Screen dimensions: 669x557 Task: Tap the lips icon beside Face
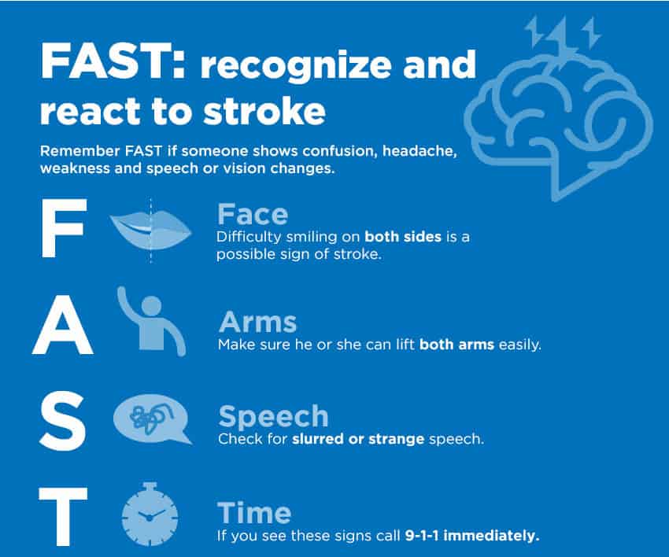(150, 231)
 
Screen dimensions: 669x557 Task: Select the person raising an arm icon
(151, 321)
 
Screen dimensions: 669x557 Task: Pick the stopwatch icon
(150, 514)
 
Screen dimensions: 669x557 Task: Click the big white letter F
(64, 227)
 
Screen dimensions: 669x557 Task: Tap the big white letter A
(63, 326)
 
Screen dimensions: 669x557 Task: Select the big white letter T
(63, 516)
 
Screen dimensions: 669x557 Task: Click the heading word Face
(253, 214)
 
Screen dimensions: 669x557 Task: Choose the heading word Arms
(257, 322)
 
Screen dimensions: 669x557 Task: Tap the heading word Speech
(273, 417)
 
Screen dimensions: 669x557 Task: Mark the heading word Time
(254, 513)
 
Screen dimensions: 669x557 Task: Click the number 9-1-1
(422, 535)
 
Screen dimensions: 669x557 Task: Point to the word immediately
(491, 535)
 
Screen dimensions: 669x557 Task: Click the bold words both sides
(403, 236)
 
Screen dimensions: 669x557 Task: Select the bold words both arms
(456, 344)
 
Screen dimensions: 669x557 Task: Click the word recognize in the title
(296, 65)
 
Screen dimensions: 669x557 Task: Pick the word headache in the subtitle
(420, 151)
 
